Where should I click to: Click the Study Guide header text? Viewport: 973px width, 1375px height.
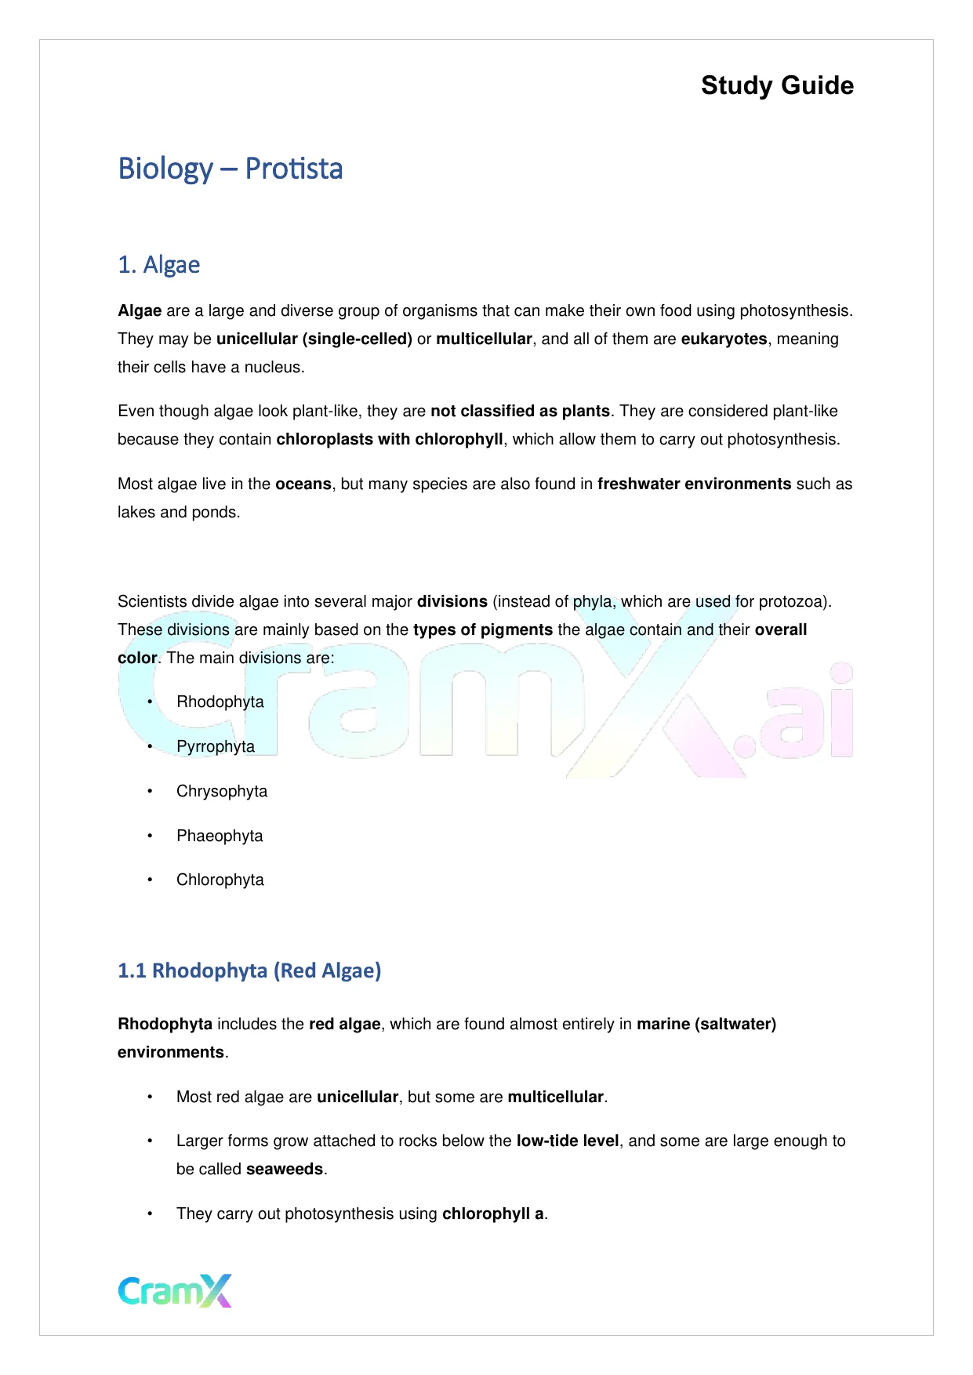coord(777,85)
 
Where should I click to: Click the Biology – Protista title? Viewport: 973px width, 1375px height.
coord(230,169)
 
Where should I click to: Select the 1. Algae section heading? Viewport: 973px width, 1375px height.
coord(158,265)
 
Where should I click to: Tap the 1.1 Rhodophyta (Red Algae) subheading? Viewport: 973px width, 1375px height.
coord(249,970)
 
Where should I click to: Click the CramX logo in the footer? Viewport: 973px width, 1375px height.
coord(175,1290)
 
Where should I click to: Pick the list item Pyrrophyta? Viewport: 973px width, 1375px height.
coord(216,746)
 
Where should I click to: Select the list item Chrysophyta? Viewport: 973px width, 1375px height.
coord(222,791)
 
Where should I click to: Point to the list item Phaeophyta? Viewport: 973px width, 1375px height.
coord(220,836)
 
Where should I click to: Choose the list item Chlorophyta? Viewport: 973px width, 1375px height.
coord(220,880)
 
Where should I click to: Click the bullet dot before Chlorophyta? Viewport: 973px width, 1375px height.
coord(150,880)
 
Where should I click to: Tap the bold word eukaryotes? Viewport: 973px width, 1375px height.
coord(724,339)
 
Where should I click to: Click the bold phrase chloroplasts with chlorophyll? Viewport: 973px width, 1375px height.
coord(390,440)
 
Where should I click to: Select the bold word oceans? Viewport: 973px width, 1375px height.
coord(303,484)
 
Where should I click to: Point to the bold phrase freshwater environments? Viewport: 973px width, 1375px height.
coord(694,484)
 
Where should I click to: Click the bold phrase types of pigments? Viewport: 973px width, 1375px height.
coord(483,630)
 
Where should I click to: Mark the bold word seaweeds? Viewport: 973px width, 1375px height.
coord(285,1170)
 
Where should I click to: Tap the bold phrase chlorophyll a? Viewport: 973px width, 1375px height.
coord(493,1214)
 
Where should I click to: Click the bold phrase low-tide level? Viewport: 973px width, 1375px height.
coord(568,1141)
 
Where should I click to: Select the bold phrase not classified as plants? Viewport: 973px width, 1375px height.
coord(520,412)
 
